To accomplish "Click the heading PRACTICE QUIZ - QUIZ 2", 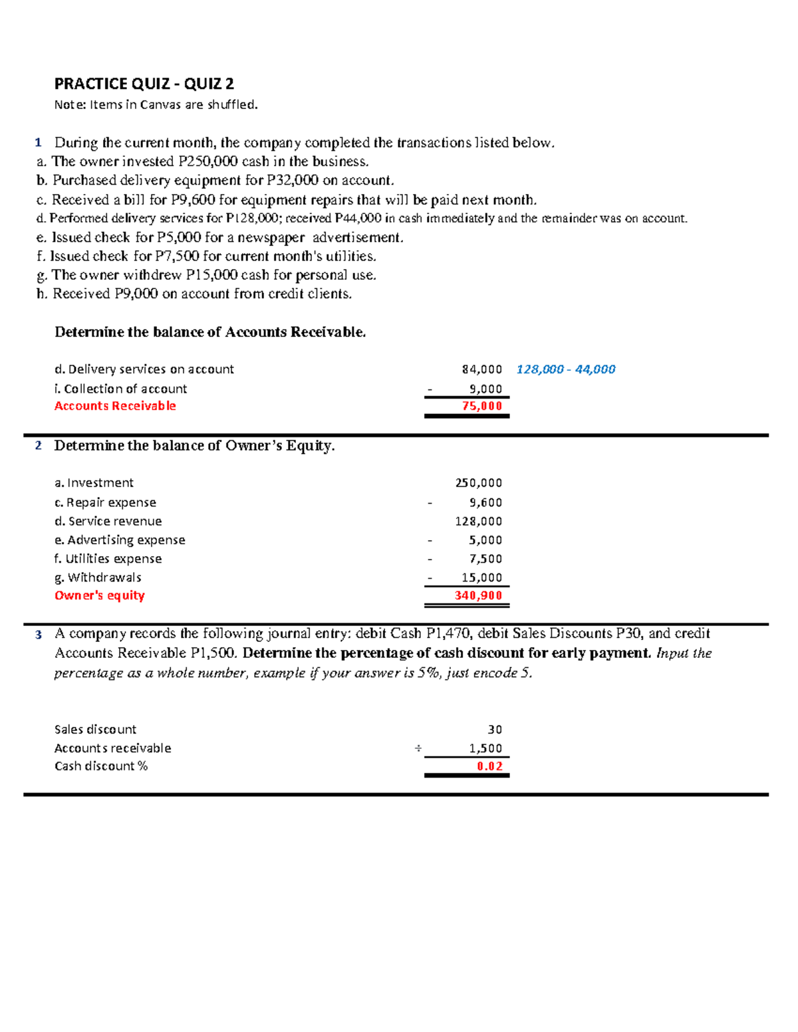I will click(144, 84).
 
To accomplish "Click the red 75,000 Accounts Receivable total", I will click(482, 406).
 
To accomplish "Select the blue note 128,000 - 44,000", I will click(565, 369).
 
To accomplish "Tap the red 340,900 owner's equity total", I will click(478, 595).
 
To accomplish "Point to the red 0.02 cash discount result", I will click(489, 766).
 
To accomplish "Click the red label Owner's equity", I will click(99, 595).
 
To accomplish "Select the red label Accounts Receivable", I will click(115, 406).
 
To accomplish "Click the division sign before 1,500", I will click(418, 748).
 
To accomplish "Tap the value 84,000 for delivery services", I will click(482, 369).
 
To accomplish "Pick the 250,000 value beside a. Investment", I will click(478, 483).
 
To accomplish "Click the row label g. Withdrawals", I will click(98, 577).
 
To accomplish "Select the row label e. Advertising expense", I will click(120, 540).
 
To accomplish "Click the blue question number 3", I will click(39, 635).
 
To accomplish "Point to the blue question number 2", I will click(39, 446).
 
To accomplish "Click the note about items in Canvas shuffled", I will click(156, 104).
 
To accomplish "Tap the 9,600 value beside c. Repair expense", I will click(485, 503).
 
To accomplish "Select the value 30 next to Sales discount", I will click(495, 730).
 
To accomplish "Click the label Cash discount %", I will click(101, 766).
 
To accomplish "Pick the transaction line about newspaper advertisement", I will click(220, 238).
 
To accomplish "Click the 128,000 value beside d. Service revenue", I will click(478, 522).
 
